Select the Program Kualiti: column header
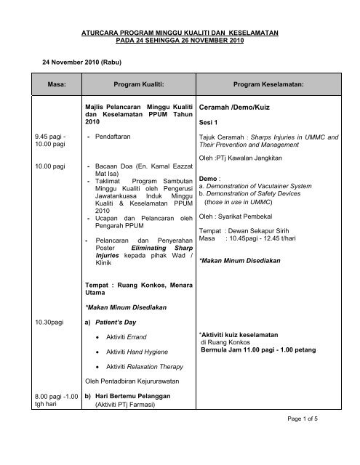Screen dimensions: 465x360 137,84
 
